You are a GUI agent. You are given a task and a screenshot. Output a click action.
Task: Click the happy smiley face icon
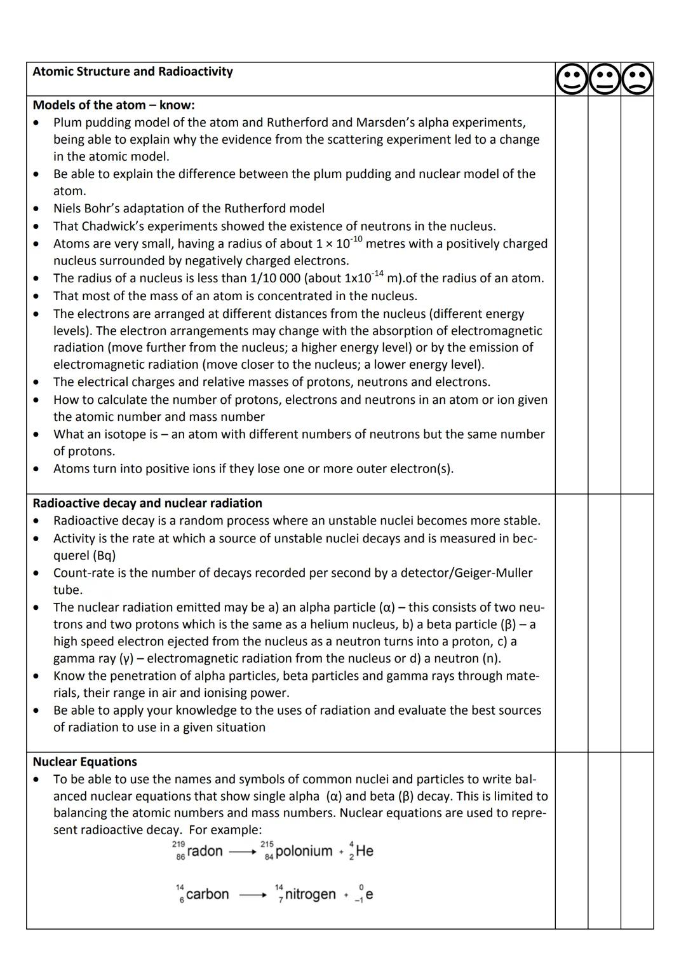pyautogui.click(x=572, y=79)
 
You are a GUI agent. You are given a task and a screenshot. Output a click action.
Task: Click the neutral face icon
pyautogui.click(x=604, y=79)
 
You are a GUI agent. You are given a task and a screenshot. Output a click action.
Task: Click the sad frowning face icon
pyautogui.click(x=637, y=79)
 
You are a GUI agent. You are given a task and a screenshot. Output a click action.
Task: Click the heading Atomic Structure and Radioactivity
pyautogui.click(x=132, y=71)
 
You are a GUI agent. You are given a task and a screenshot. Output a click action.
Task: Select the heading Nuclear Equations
pyautogui.click(x=84, y=762)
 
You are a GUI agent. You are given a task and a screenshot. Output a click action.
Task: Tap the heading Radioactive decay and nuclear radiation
pyautogui.click(x=147, y=503)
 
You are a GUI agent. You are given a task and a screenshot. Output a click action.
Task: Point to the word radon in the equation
pyautogui.click(x=205, y=851)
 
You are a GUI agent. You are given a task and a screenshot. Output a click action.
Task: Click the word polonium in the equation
pyautogui.click(x=304, y=851)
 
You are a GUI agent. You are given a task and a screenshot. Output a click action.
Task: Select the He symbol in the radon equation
pyautogui.click(x=365, y=851)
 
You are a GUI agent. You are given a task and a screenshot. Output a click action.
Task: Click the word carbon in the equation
pyautogui.click(x=207, y=894)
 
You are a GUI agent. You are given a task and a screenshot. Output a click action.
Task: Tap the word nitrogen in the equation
pyautogui.click(x=310, y=894)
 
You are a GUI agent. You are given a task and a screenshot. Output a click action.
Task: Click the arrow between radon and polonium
pyautogui.click(x=242, y=852)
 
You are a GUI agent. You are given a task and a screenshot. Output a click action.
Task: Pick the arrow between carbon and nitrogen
pyautogui.click(x=252, y=895)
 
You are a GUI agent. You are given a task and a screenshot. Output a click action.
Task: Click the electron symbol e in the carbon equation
pyautogui.click(x=369, y=894)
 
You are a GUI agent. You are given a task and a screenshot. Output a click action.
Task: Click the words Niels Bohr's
pyautogui.click(x=90, y=209)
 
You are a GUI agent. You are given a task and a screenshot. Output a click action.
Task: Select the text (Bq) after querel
pyautogui.click(x=104, y=555)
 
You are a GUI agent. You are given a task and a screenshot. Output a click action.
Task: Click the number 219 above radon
pyautogui.click(x=178, y=843)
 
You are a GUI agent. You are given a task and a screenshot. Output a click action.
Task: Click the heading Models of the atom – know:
pyautogui.click(x=114, y=105)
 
